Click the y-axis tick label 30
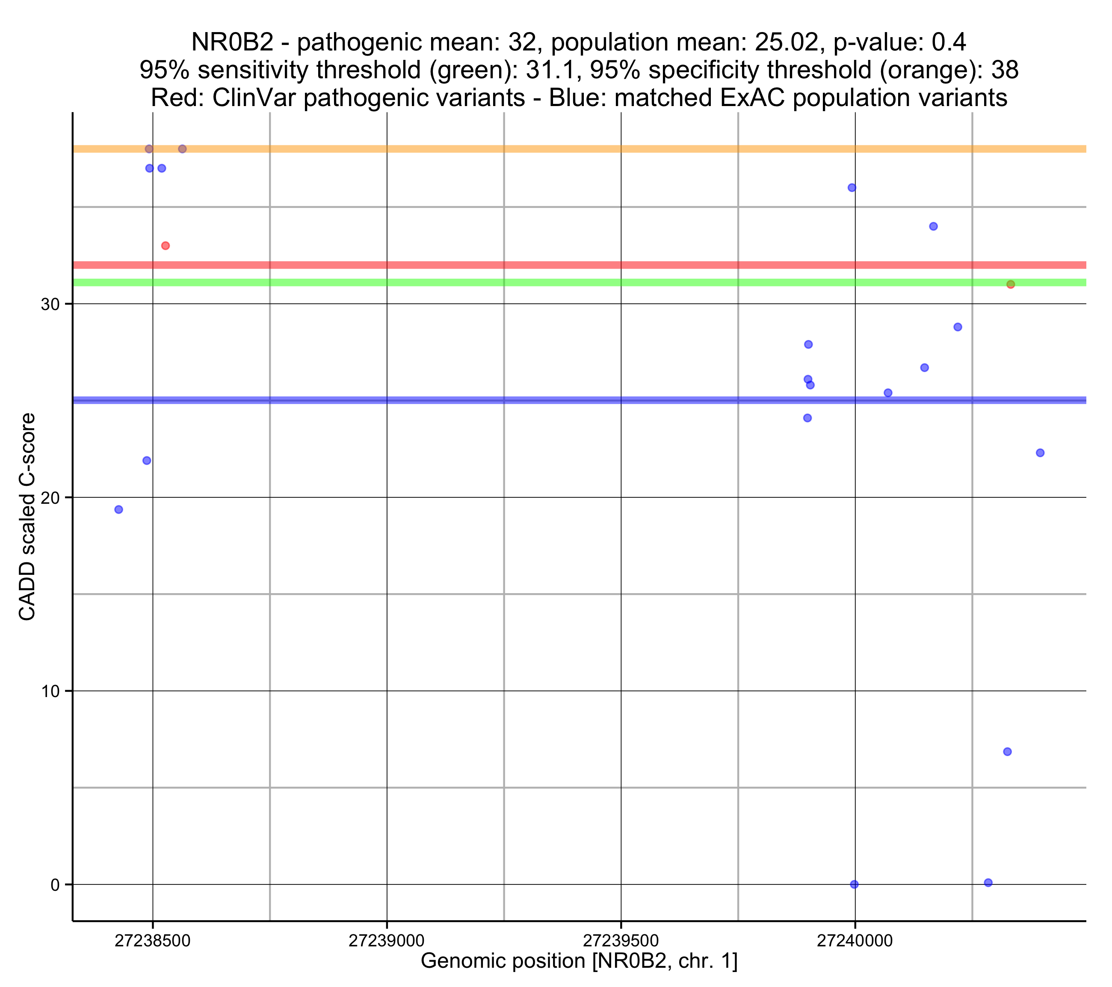[50, 305]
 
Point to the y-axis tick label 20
[50, 498]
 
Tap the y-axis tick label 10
[50, 691]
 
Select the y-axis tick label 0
[55, 885]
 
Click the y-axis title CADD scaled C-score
[27, 517]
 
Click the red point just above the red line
[166, 246]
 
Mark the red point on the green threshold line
[1010, 284]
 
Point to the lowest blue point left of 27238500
[118, 510]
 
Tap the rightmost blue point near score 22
[1040, 453]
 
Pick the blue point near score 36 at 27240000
[852, 188]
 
